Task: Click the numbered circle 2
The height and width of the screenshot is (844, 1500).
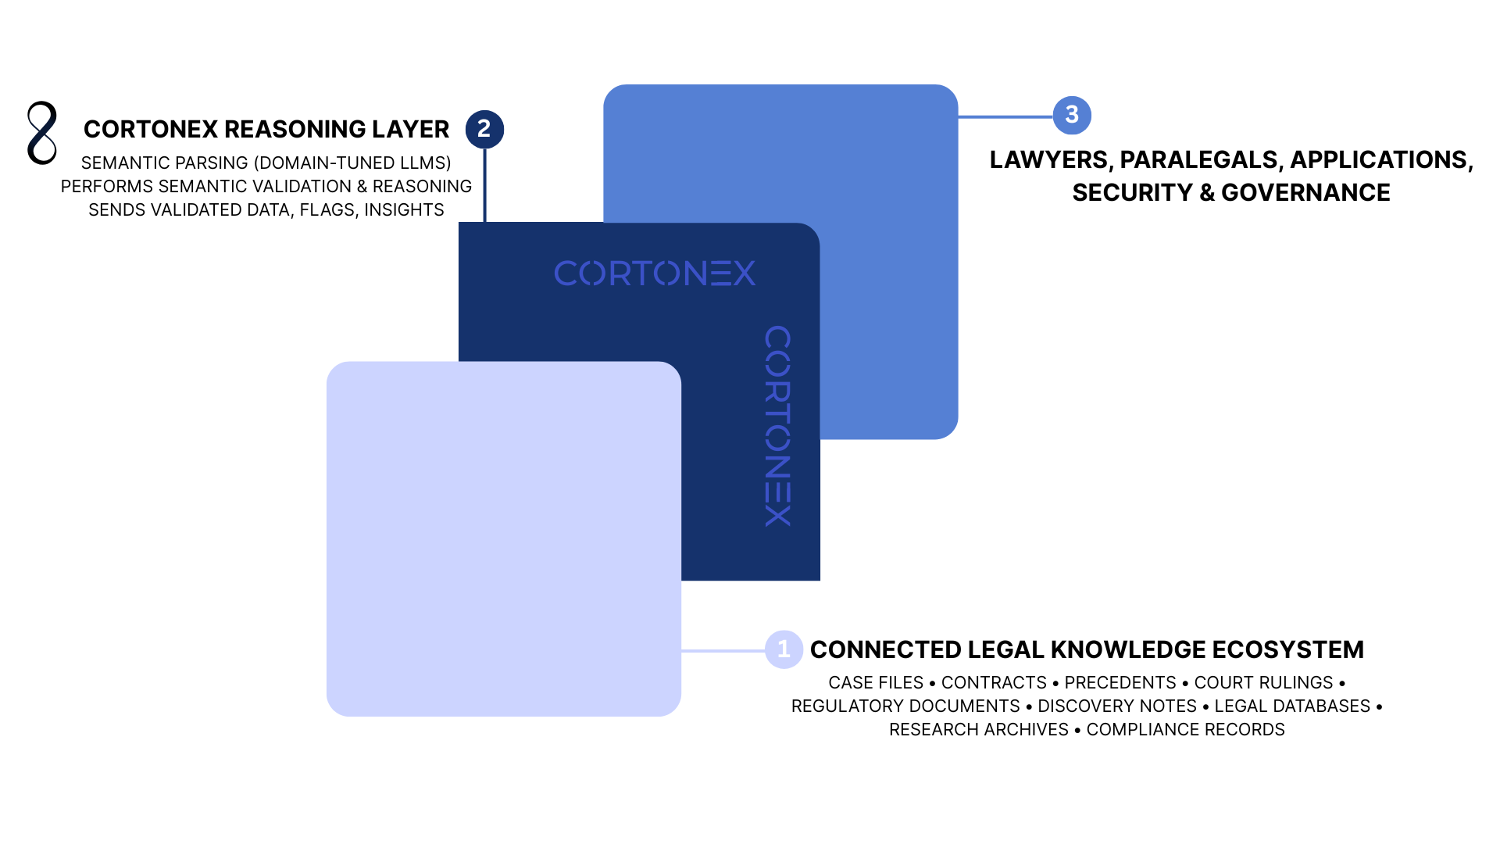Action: pyautogui.click(x=484, y=129)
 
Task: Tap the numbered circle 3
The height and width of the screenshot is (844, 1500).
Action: pyautogui.click(x=1072, y=116)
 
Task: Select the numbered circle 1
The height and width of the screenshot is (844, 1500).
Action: pyautogui.click(x=784, y=649)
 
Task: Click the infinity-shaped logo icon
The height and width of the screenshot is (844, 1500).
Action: pyautogui.click(x=42, y=133)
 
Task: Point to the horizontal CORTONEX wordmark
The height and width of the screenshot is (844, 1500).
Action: pyautogui.click(x=655, y=274)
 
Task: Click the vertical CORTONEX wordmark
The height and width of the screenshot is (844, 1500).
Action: pyautogui.click(x=778, y=426)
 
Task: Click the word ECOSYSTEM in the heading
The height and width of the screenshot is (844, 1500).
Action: pyautogui.click(x=1287, y=649)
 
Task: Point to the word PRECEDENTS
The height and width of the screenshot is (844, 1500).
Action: pyautogui.click(x=1120, y=683)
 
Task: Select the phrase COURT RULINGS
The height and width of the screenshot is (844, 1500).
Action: pyautogui.click(x=1263, y=683)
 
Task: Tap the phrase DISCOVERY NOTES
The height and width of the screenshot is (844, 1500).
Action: pyautogui.click(x=1116, y=706)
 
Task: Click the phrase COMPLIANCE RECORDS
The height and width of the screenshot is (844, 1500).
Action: pyautogui.click(x=1185, y=730)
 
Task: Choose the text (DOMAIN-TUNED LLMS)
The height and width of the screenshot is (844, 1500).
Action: pyautogui.click(x=352, y=163)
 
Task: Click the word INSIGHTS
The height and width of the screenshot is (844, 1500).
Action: pyautogui.click(x=404, y=210)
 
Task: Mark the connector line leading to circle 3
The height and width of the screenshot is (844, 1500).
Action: pyautogui.click(x=1005, y=116)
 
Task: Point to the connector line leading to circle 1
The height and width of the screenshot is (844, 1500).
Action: pyautogui.click(x=723, y=650)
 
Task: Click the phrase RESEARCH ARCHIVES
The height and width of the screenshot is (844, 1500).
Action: pyautogui.click(x=978, y=730)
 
